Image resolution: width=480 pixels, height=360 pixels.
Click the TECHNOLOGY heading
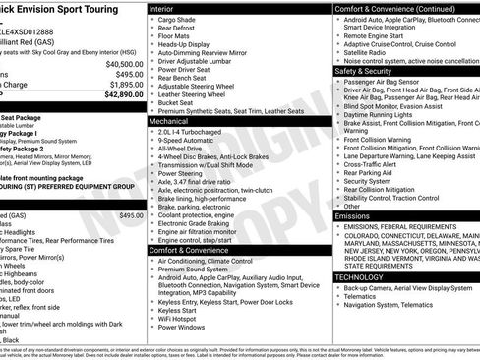pyautogui.click(x=360, y=277)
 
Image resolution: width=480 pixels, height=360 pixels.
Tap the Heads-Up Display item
pyautogui.click(x=185, y=44)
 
